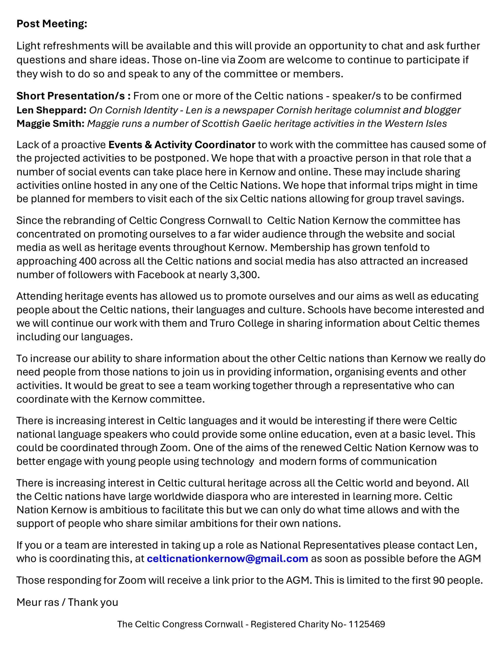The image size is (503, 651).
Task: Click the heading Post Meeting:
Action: coord(52,24)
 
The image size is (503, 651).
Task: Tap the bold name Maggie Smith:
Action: coord(50,123)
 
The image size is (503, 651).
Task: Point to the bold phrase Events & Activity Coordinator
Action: coord(182,144)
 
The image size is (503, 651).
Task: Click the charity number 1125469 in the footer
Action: coord(367,624)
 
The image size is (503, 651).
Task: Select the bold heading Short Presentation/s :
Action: coord(73,96)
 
